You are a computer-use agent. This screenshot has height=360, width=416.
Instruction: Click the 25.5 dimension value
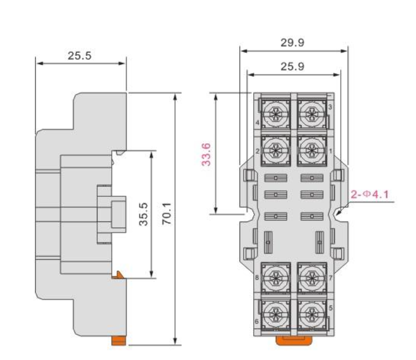click(79, 56)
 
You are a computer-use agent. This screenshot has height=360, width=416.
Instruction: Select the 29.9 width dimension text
click(293, 43)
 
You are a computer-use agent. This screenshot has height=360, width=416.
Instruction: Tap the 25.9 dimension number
click(293, 67)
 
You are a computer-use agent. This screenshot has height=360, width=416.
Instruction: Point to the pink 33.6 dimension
click(206, 154)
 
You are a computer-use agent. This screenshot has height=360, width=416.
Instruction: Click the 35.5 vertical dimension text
click(143, 214)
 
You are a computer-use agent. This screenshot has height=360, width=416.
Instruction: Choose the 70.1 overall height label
click(167, 214)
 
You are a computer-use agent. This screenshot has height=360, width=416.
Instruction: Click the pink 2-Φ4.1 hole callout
click(370, 195)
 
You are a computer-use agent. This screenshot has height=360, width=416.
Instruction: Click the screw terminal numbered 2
click(276, 151)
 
